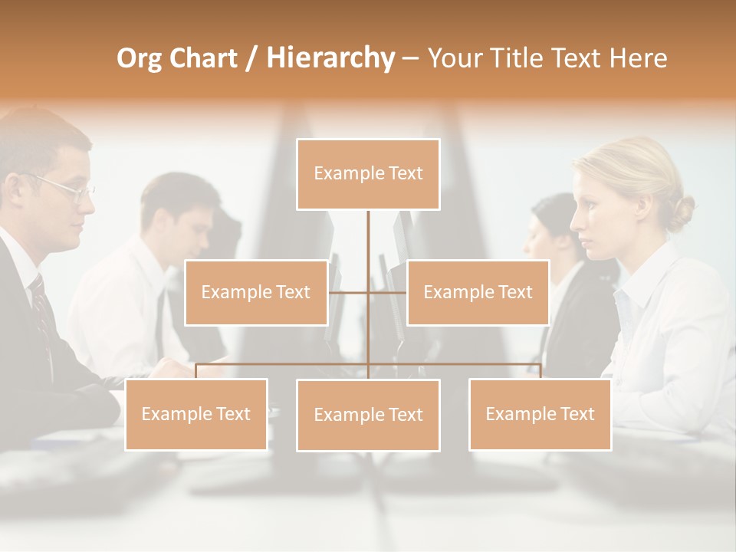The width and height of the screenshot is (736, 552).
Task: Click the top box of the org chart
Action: coord(368,174)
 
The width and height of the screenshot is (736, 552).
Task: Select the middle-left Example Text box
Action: coord(256,292)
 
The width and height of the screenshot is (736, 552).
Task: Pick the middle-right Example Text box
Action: coord(478,292)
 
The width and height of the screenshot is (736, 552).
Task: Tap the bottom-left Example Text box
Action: coord(196,414)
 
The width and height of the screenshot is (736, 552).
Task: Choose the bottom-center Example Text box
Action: coord(368,415)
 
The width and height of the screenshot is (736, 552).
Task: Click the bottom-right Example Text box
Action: coord(540,414)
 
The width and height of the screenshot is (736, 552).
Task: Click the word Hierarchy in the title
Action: coord(330,58)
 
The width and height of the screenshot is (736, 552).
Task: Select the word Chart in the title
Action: coord(200,58)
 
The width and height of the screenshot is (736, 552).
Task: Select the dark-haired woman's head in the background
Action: coord(554,222)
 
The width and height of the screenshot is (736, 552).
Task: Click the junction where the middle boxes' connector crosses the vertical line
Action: coord(368,292)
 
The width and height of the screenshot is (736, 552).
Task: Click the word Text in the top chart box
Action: coord(405,173)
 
